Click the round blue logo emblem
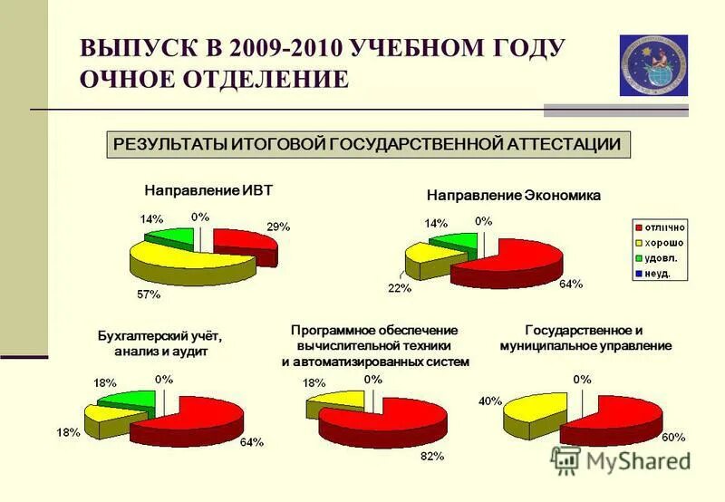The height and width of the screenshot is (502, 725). point(653,65)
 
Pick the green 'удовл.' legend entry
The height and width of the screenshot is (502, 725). point(657,257)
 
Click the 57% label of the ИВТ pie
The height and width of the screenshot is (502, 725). point(149,294)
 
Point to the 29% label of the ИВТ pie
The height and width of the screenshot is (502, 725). point(277,227)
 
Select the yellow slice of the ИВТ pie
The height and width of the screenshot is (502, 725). point(186,264)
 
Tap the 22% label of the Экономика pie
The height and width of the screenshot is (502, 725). point(400,288)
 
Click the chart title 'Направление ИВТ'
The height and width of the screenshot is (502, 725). point(208,190)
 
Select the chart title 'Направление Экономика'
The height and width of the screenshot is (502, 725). point(513,195)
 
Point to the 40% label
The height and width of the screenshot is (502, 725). point(488,401)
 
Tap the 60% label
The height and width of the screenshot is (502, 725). point(673,437)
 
